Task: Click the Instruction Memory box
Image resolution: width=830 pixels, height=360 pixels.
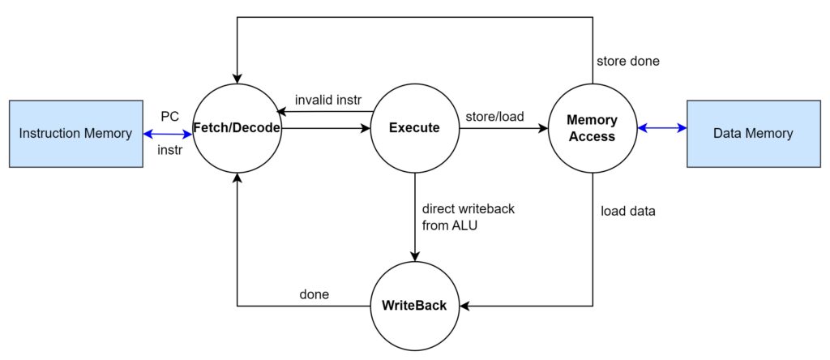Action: click(x=75, y=134)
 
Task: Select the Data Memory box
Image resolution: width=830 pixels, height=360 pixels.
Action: click(x=752, y=134)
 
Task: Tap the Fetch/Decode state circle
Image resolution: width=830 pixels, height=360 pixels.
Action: click(x=237, y=128)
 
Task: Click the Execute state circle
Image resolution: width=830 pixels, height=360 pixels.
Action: click(x=415, y=128)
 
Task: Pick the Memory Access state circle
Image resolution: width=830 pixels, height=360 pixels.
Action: click(x=592, y=128)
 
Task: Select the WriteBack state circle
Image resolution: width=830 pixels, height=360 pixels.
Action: click(x=415, y=306)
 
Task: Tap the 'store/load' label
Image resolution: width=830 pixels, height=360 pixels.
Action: click(x=494, y=116)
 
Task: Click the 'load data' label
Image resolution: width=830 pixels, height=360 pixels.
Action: click(x=628, y=212)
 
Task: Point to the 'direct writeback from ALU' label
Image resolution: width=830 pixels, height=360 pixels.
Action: click(x=468, y=216)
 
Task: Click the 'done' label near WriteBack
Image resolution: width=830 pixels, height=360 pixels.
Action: click(x=314, y=294)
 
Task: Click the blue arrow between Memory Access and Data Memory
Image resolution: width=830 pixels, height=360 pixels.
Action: click(x=661, y=127)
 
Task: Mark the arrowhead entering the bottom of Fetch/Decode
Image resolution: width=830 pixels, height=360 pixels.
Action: click(x=237, y=178)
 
